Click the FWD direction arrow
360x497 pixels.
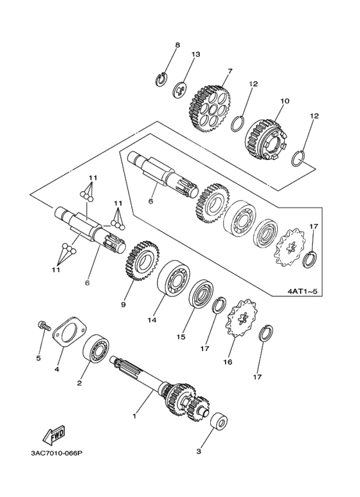tap(54, 435)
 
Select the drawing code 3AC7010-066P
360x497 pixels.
tap(57, 453)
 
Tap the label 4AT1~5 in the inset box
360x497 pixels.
tap(302, 291)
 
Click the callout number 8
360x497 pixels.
tap(177, 45)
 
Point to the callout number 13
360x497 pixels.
tap(195, 54)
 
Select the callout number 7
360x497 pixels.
tap(230, 71)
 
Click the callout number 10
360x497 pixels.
tap(285, 101)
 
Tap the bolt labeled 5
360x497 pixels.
tap(44, 326)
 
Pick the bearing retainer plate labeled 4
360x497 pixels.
tap(69, 332)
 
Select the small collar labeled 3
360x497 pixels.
tap(219, 422)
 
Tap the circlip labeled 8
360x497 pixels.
tap(162, 78)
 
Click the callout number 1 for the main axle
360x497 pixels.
tap(134, 415)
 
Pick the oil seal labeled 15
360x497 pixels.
tap(201, 294)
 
